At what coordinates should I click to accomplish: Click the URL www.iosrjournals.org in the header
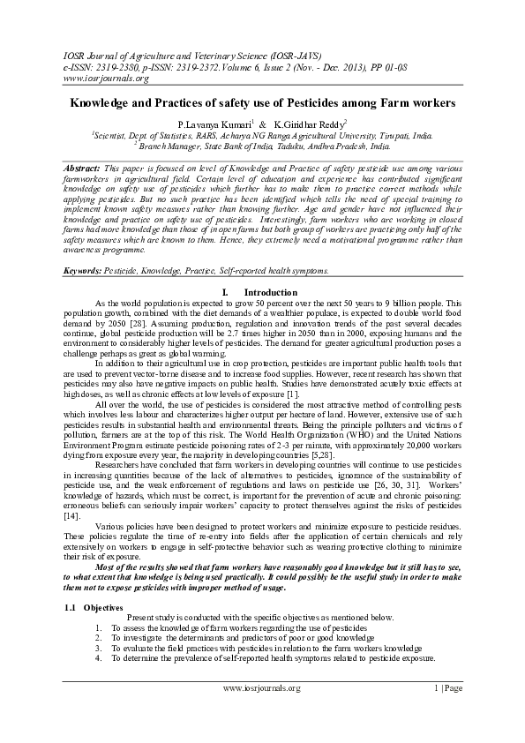pyautogui.click(x=87, y=79)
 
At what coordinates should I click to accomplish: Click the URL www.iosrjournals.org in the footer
pyautogui.click(x=261, y=688)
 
